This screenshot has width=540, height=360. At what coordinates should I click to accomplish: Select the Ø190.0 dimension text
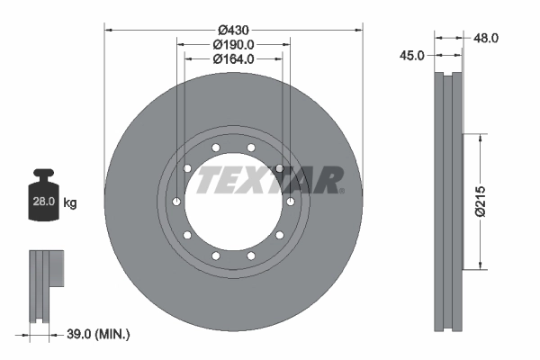tap(234, 44)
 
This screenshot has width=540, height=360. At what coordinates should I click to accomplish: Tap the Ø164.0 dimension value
tap(234, 59)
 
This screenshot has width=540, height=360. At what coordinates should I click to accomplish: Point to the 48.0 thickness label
tap(486, 38)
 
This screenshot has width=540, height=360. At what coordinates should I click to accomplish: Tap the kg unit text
tap(70, 202)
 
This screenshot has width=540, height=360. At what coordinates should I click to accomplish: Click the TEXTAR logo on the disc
tap(267, 179)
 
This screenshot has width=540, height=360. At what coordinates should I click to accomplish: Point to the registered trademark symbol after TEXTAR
tap(341, 191)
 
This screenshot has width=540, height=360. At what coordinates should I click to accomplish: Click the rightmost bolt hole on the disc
tap(292, 202)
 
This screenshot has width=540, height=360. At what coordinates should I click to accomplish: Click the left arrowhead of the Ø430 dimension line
tap(109, 29)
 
